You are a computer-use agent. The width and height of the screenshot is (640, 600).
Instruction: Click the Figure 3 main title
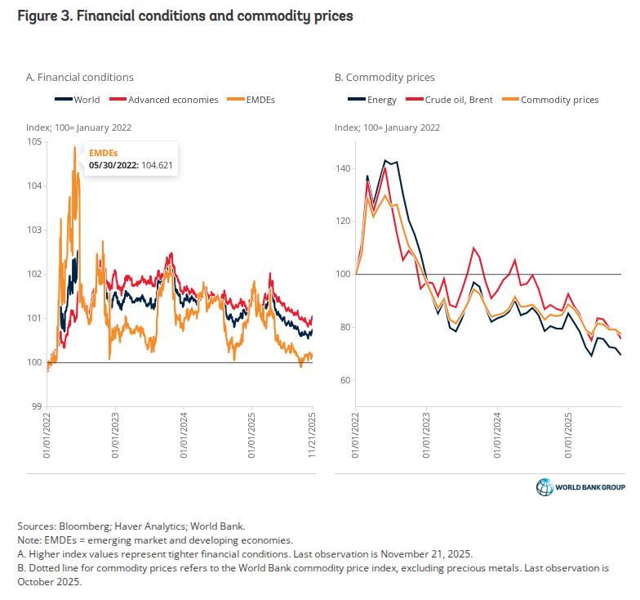click(183, 16)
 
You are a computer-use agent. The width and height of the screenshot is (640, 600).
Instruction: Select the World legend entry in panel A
click(79, 100)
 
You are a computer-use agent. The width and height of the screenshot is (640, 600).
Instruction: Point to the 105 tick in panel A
click(33, 141)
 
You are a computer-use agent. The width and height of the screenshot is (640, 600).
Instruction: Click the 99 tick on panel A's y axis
click(36, 406)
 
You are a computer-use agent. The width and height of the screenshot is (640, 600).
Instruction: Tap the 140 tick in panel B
click(342, 168)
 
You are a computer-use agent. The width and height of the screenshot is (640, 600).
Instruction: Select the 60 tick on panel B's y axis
click(344, 380)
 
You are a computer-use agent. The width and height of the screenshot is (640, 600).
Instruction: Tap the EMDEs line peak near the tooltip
click(74, 147)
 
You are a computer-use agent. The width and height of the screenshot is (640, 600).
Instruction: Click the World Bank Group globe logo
click(544, 487)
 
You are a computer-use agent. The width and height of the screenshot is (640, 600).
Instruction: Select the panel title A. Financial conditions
click(80, 78)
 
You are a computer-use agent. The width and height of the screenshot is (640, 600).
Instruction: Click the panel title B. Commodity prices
click(384, 78)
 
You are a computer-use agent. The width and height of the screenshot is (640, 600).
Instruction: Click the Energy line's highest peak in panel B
click(385, 160)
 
